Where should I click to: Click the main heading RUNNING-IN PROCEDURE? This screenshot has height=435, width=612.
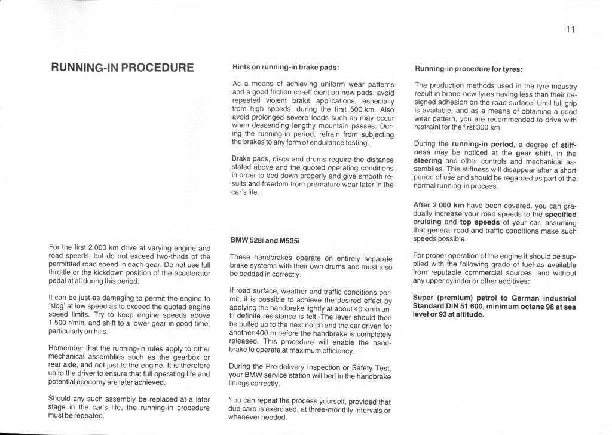[123, 67]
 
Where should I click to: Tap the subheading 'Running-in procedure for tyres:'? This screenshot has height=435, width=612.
[469, 68]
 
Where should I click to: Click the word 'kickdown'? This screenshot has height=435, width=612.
[102, 272]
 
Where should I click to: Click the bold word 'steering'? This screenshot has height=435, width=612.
[430, 161]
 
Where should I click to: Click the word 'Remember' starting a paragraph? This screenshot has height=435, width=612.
[68, 348]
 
